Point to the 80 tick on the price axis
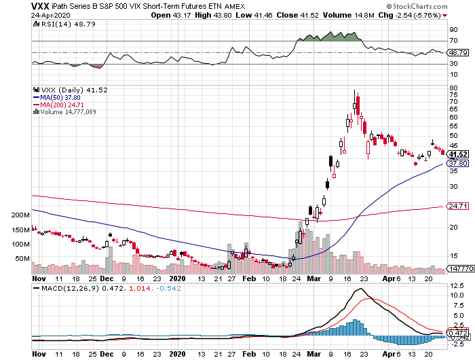453,87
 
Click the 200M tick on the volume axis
21,215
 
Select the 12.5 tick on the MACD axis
456,295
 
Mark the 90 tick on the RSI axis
453,29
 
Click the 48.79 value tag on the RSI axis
459,52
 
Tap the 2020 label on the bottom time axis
176,278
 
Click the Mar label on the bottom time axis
313,278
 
